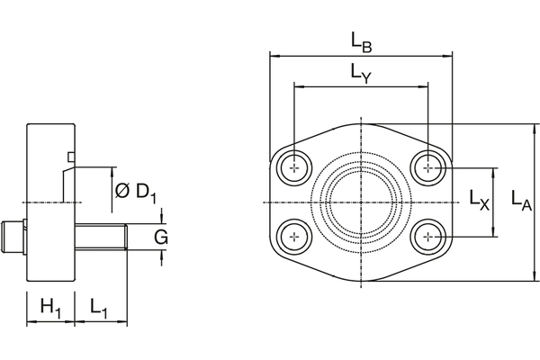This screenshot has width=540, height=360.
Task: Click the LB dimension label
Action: coord(363,40)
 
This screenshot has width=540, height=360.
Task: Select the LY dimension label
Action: coord(363,75)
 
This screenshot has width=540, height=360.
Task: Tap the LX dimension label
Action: coord(480,201)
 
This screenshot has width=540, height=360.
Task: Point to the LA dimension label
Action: coord(520,202)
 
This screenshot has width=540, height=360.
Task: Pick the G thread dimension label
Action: coord(161,237)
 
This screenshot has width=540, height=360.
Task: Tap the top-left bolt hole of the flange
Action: coord(294,167)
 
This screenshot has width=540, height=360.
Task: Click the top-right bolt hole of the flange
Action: coord(429,167)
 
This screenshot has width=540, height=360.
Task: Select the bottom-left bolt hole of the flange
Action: coord(294,237)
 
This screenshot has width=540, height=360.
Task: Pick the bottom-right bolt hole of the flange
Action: coord(429,237)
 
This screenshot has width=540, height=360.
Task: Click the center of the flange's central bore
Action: coord(361,202)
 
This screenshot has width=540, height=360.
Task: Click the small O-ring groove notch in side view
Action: coord(70,159)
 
